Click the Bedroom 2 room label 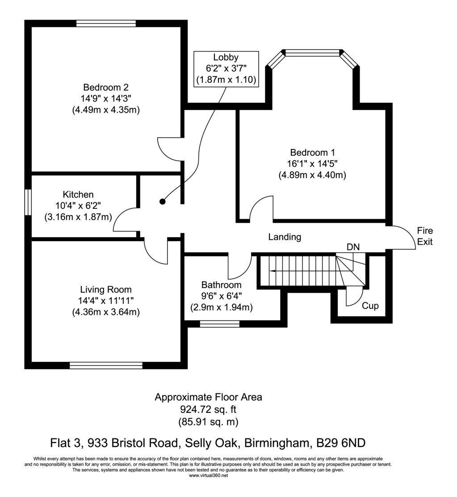106,87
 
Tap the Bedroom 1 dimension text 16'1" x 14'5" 312,163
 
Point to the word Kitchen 78,195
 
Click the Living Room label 106,289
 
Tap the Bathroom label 221,285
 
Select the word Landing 285,237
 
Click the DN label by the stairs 353,246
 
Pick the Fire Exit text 425,236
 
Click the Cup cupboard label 370,306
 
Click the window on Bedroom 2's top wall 106,23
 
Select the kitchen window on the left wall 28,204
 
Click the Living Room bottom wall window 106,365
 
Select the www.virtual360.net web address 208,476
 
